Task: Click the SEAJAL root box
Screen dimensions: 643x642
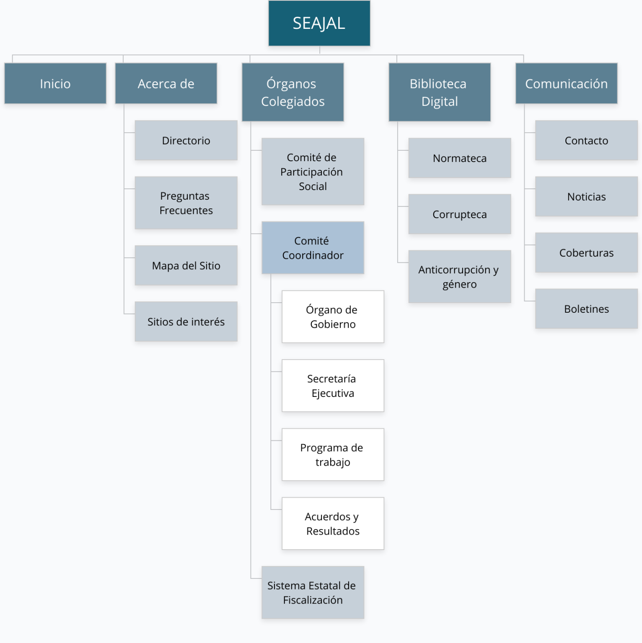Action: coord(319,23)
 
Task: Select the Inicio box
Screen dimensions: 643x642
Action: coord(55,84)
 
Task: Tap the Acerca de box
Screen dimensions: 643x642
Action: coord(166,84)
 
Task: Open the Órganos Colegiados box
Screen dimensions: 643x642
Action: coord(293,93)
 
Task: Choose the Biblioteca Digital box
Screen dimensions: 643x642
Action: coord(439,93)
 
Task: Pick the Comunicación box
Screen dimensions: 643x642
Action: coord(566,84)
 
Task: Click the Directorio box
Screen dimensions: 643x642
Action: coord(186,141)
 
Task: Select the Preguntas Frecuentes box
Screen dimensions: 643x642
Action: coord(186,203)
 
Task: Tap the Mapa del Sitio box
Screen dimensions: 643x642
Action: coord(186,266)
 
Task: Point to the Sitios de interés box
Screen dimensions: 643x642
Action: coord(186,322)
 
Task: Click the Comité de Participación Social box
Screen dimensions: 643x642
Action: coord(313,172)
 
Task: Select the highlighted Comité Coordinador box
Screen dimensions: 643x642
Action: coord(313,248)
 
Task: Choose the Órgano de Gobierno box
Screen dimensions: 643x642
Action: coord(333,317)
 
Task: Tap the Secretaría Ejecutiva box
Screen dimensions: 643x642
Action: coord(333,386)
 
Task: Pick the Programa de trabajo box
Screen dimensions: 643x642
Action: coord(333,455)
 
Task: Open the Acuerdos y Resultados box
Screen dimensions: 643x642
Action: coord(333,524)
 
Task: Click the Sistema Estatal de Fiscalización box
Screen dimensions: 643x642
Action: coord(313,593)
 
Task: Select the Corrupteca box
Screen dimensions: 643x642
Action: coord(460,214)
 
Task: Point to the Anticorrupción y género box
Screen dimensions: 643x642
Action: coord(460,277)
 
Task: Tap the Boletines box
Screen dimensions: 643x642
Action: coord(586,309)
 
